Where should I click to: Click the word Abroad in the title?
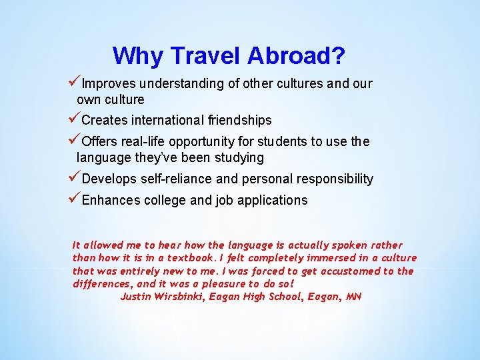[x=296, y=56]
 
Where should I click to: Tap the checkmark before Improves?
[x=74, y=83]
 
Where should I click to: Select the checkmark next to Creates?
[x=74, y=120]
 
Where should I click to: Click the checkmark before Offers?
[x=74, y=141]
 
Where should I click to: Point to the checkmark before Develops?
[x=74, y=179]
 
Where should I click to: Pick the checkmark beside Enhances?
[x=74, y=199]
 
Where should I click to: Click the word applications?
[x=275, y=201]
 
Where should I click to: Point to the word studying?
[x=239, y=158]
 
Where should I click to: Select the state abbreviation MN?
[x=353, y=296]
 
